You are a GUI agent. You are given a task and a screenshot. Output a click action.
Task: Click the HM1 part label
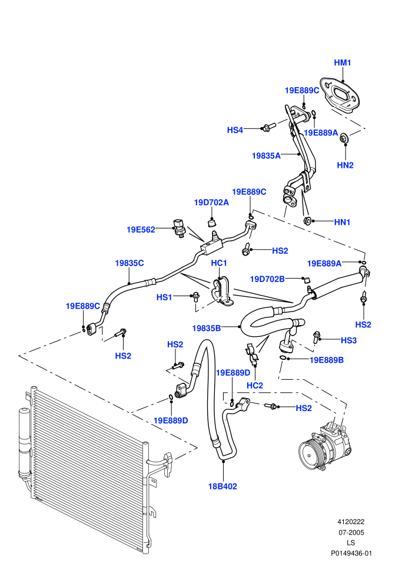[342, 62]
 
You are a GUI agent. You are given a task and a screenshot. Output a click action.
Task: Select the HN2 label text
[345, 165]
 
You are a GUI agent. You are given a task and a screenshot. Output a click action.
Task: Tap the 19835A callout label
[267, 155]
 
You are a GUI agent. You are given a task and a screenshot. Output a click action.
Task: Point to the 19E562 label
[141, 230]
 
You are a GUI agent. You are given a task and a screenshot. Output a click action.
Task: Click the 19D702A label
[211, 202]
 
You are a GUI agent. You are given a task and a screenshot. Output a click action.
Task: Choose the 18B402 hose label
[222, 486]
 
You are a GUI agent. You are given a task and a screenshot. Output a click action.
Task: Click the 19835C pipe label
[129, 263]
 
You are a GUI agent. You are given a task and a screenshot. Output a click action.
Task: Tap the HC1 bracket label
[219, 263]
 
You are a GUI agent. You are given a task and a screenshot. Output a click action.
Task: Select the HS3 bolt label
[348, 340]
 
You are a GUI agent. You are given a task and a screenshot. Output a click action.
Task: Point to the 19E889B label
[327, 360]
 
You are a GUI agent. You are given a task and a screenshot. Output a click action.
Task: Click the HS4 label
[235, 130]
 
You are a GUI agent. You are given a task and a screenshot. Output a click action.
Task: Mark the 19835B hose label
[207, 328]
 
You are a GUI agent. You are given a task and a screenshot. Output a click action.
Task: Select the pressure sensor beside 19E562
[178, 227]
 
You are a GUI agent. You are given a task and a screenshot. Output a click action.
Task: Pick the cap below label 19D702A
[212, 223]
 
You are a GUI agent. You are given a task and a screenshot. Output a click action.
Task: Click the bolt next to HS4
[268, 127]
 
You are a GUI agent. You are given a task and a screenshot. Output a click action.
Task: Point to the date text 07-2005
[351, 532]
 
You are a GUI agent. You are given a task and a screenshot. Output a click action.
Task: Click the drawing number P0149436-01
[351, 553]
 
